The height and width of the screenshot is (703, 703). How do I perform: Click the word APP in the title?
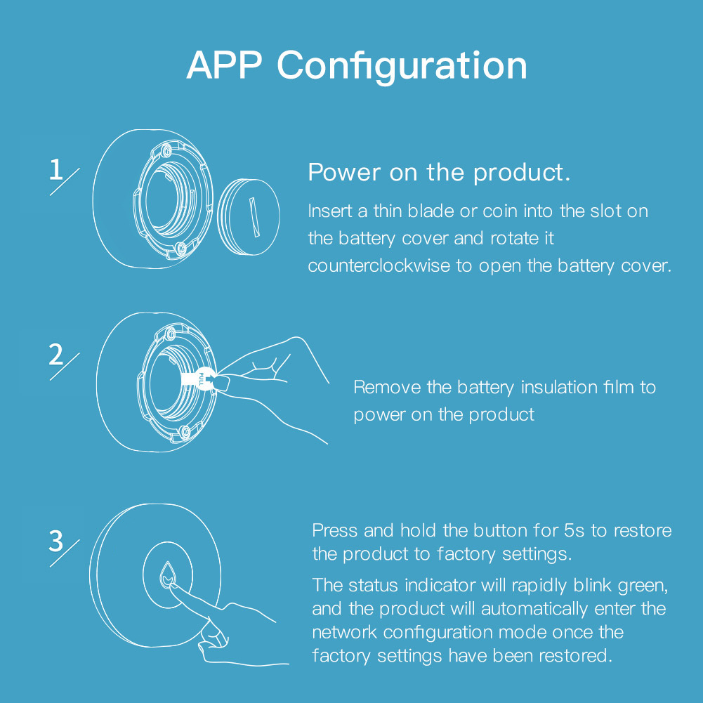[224, 65]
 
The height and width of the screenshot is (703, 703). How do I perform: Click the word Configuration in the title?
[402, 66]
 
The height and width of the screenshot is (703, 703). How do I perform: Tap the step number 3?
[56, 541]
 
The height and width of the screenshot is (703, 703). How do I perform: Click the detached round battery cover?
[249, 217]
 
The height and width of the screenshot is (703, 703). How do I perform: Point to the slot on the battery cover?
[254, 217]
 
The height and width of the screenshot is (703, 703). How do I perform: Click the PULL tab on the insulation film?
[200, 379]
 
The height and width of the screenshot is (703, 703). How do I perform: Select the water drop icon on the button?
[168, 575]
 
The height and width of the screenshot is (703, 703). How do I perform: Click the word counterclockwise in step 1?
[379, 266]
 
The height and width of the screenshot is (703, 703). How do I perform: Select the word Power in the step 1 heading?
[344, 172]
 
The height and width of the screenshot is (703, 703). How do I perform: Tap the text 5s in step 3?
[574, 530]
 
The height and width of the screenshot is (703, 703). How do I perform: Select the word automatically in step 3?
[534, 610]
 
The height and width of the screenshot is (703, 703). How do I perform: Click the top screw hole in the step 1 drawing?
[166, 150]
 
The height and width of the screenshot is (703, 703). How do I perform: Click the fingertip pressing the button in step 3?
[173, 586]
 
